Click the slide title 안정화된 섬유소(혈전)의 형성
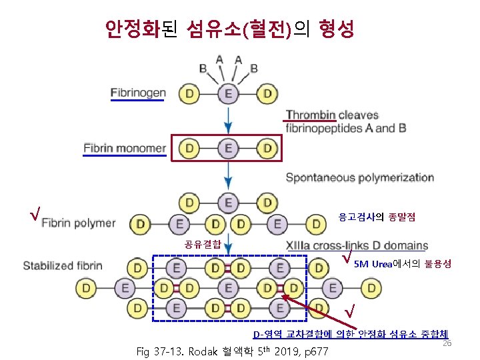229,28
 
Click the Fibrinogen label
138,93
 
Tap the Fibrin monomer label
125,147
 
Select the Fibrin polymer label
79,223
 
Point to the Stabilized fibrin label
63,265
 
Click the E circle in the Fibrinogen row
228,94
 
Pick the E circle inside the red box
228,148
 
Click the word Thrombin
311,115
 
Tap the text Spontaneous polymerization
359,178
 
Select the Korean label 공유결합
203,243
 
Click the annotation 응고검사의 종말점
377,217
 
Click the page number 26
447,343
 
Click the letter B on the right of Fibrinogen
254,67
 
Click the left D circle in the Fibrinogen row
190,94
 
